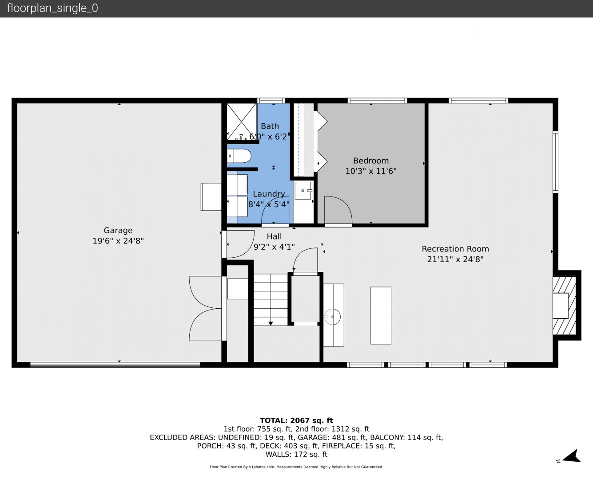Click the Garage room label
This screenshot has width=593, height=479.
[118, 230]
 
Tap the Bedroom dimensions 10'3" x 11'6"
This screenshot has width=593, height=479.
[371, 171]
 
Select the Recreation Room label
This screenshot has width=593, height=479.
[455, 249]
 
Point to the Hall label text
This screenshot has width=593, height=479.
[274, 236]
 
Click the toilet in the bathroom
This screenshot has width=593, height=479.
[239, 156]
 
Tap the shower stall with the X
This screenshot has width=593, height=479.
[241, 122]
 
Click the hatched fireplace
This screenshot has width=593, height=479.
[564, 306]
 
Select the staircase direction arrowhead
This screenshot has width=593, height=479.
[271, 323]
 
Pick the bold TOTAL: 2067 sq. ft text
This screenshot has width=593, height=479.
[296, 420]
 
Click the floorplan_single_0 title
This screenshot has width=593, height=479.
[52, 8]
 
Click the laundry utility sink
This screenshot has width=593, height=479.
[303, 190]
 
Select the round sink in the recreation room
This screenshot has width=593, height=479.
[332, 317]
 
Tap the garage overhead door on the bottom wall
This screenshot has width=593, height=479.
[115, 365]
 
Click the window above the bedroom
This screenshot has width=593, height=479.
[377, 100]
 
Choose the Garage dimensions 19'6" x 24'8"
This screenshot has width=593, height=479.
[118, 241]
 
